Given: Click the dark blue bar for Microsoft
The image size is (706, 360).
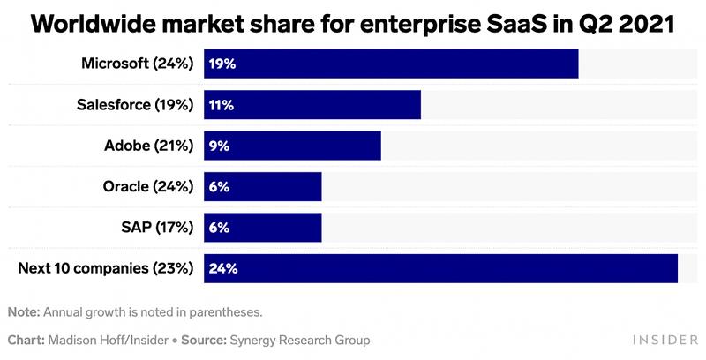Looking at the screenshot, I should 391,64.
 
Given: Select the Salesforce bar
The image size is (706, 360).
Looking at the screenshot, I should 312,104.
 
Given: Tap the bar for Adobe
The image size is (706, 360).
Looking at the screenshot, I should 292,146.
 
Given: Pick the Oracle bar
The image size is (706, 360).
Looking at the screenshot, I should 263,186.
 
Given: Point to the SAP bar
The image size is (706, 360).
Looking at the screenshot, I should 263,227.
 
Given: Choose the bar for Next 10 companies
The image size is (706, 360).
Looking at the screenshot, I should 440,268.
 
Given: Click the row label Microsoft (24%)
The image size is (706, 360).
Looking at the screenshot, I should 137,64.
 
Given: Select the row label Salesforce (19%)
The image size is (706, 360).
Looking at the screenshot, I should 135,104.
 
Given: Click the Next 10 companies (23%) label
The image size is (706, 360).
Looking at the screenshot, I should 106,268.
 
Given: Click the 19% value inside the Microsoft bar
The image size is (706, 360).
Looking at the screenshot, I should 222,64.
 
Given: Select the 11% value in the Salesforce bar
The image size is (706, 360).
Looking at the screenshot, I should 221,104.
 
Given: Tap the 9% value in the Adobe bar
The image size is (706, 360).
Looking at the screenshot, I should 219,146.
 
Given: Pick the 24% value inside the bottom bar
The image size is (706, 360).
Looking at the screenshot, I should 222,268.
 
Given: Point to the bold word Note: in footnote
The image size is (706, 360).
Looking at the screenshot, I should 24,311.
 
